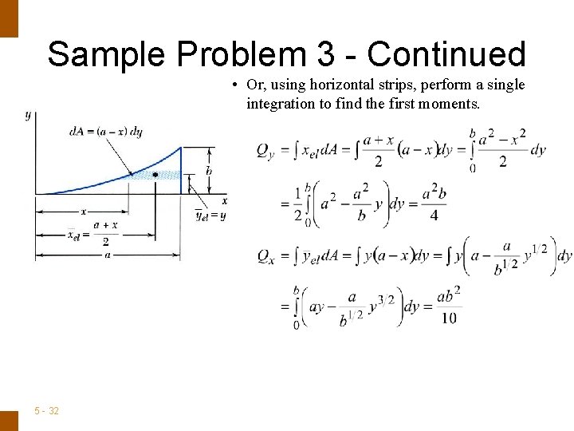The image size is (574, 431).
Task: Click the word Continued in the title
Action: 446,54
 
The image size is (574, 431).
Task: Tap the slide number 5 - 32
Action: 47,410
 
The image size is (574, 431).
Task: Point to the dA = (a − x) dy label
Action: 105,132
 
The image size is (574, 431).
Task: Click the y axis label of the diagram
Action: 28,115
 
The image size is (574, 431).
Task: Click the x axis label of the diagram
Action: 224,200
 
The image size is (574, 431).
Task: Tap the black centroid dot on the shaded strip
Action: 155,174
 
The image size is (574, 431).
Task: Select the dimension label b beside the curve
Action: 208,171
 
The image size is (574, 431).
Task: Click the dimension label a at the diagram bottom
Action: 107,255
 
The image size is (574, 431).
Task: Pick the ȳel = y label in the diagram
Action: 211,214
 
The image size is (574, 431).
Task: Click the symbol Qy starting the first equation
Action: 266,149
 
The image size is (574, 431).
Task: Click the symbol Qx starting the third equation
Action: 266,255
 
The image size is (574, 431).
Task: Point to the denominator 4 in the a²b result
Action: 434,215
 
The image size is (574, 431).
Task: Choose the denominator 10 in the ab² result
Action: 449,318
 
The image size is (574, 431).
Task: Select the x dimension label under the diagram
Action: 82,212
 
